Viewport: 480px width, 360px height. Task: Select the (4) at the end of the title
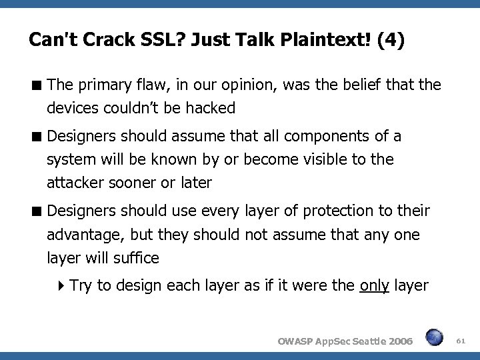[389, 41]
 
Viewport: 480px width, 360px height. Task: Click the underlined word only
[374, 286]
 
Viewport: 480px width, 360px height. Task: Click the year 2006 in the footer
[399, 341]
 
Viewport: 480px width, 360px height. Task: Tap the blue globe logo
[434, 338]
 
